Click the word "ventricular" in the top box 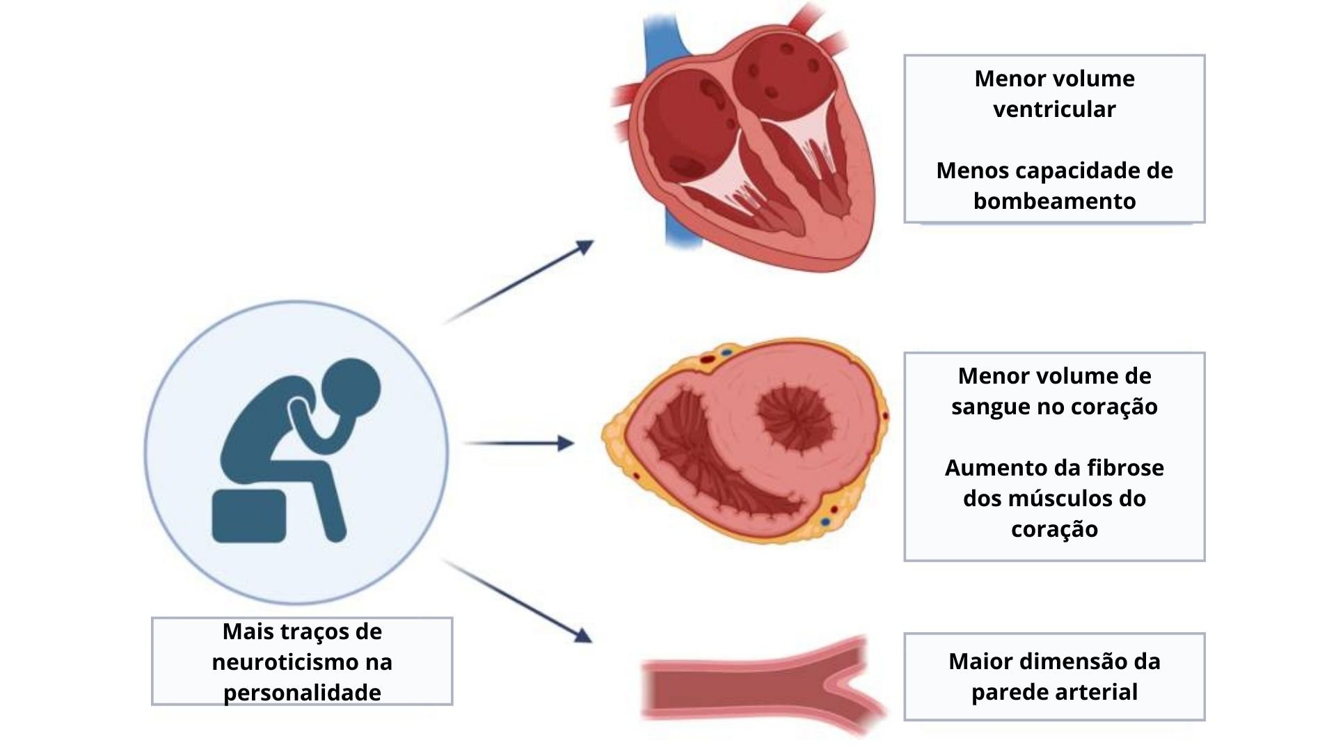pyautogui.click(x=1054, y=109)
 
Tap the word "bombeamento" pyautogui.click(x=1054, y=201)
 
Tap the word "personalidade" pyautogui.click(x=302, y=693)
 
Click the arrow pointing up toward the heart pyautogui.click(x=518, y=282)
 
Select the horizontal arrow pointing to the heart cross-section pyautogui.click(x=518, y=443)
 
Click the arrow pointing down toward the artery pyautogui.click(x=518, y=601)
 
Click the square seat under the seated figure pyautogui.click(x=249, y=516)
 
